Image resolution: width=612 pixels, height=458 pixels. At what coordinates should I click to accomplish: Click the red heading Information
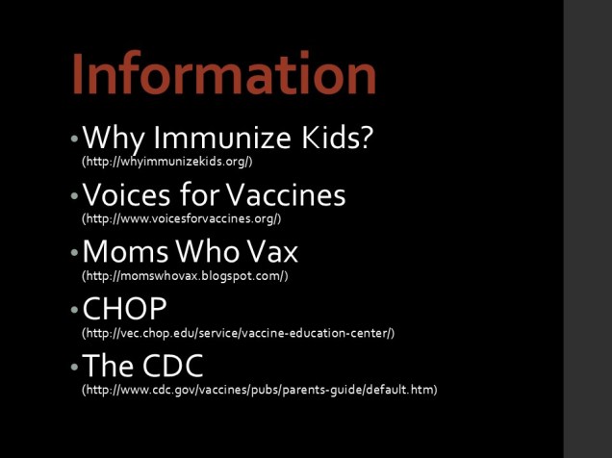(223, 73)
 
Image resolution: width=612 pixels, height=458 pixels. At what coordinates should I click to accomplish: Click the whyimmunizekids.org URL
(167, 161)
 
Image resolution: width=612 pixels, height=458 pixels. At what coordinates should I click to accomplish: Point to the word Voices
(126, 195)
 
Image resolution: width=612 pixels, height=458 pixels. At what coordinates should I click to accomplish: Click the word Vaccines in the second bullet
(286, 195)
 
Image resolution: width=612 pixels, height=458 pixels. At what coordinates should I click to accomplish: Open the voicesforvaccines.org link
(182, 218)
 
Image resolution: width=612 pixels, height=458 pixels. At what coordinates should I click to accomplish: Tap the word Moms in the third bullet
(122, 252)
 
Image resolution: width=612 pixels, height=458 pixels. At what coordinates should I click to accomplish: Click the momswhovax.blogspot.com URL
(185, 275)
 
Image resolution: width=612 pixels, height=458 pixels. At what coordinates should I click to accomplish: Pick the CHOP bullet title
(125, 309)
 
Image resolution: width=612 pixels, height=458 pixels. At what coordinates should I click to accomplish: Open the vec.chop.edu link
(238, 333)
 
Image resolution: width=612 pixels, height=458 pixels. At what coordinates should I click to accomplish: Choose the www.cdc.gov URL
(260, 390)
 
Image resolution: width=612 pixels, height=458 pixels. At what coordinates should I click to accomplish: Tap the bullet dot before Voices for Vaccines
(74, 196)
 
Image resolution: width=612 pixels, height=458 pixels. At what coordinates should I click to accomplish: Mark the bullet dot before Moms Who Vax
(74, 253)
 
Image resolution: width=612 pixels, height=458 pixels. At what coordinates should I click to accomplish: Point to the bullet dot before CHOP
(74, 310)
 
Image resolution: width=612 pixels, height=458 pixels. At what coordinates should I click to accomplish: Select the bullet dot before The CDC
(74, 367)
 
